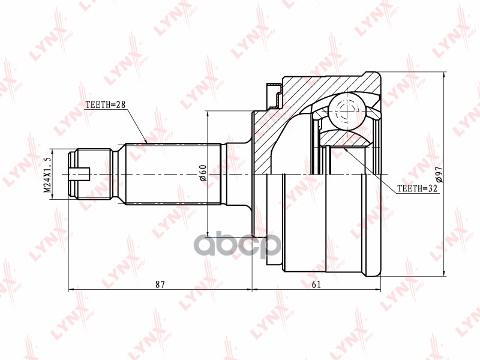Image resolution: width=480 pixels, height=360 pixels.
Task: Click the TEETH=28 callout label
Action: click(106, 104)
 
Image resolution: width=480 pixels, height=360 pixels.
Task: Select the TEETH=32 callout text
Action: click(418, 188)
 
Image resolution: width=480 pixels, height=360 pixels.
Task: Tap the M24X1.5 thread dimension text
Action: click(47, 175)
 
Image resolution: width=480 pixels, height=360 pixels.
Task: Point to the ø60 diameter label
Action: click(203, 173)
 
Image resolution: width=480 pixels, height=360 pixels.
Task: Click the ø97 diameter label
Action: click(439, 175)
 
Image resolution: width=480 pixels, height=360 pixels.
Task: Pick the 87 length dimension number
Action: click(160, 284)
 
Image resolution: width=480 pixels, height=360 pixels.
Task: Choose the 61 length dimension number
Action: click(316, 284)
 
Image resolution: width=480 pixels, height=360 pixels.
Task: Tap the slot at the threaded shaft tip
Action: click(79, 174)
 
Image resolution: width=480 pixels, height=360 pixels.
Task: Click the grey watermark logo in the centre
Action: click(238, 244)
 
